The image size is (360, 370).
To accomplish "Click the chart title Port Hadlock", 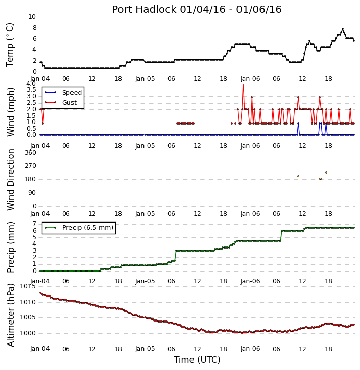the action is tap(144, 9).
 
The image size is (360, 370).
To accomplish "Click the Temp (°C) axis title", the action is tap(10, 45).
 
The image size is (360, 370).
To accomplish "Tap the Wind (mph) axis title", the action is tap(11, 112).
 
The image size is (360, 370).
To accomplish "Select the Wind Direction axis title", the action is tap(11, 180).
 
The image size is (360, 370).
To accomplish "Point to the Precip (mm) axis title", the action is tap(11, 248).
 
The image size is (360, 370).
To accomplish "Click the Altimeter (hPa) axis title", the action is tap(11, 315).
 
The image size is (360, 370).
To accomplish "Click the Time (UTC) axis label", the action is tap(197, 360).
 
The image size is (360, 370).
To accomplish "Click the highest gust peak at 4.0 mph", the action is tap(243, 84).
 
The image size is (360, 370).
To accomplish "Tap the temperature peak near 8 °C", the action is tap(343, 29).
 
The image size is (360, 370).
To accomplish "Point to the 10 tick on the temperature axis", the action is tap(32, 17).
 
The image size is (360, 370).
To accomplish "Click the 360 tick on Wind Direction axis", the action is tap(31, 153).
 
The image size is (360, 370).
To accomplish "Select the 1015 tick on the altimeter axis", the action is tap(28, 286).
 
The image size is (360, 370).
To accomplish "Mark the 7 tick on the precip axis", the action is tap(34, 224).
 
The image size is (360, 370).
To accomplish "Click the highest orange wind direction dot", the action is tap(326, 172).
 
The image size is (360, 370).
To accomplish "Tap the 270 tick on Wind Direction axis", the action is tap(31, 166).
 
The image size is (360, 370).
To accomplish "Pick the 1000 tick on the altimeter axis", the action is tap(28, 333).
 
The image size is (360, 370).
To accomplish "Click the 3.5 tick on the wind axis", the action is tap(31, 90).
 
